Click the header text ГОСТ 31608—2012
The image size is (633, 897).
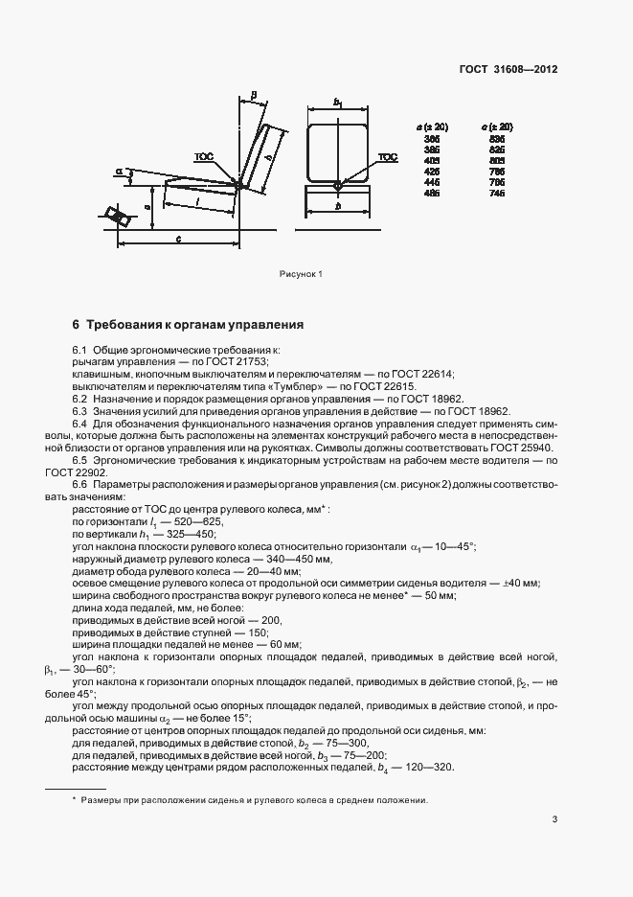coord(509,69)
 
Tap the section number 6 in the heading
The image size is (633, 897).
coord(76,325)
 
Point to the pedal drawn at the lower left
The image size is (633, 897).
coord(120,217)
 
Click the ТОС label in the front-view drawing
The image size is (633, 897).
coord(387,156)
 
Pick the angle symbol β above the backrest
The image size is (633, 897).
coord(252,94)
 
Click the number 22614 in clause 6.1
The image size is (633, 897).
coord(436,374)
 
